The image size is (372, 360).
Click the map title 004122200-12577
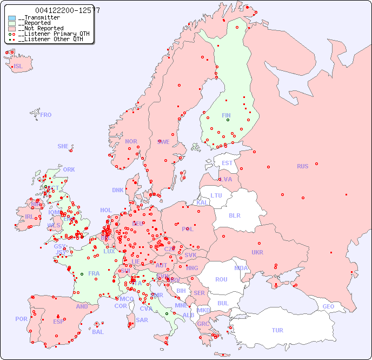[68, 10]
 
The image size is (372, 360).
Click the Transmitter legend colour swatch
[12, 18]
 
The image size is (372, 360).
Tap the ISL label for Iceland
[18, 67]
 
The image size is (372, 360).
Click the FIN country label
[226, 115]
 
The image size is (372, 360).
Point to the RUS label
[302, 166]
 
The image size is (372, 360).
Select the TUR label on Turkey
[277, 330]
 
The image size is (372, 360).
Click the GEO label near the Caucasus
[328, 306]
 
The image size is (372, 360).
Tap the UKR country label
[257, 252]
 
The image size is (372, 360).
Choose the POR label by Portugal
[21, 319]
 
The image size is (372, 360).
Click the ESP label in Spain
[58, 321]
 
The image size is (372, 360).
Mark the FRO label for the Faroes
[46, 115]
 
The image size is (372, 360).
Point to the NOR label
[131, 141]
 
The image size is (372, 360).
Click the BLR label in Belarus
[234, 215]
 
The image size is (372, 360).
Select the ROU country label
[221, 279]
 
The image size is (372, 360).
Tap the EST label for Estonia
[227, 163]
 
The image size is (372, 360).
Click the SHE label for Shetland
[63, 146]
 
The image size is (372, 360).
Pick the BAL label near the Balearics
[98, 332]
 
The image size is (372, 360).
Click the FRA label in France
[94, 273]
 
